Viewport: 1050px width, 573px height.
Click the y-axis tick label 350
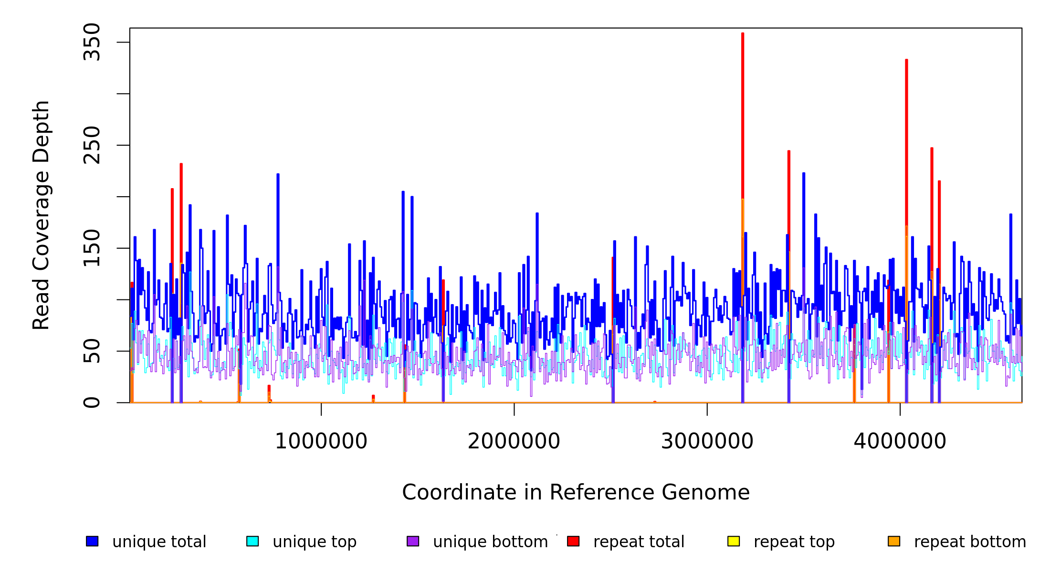point(92,42)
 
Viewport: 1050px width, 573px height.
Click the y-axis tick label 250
point(92,145)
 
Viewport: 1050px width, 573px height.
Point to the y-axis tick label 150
point(92,248)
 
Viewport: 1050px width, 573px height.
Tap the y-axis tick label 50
point(92,351)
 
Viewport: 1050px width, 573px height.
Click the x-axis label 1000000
point(321,441)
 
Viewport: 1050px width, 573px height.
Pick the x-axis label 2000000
point(514,441)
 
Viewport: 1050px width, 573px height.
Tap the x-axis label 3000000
point(707,441)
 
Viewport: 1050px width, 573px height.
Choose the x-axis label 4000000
point(900,441)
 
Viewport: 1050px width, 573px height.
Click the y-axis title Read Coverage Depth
point(42,215)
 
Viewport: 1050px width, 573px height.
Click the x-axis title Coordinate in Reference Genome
point(576,492)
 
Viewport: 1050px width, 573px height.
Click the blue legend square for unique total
point(92,541)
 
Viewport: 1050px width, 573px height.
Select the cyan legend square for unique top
point(252,541)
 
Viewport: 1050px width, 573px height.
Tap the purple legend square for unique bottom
point(413,541)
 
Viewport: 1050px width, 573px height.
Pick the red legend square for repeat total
point(573,541)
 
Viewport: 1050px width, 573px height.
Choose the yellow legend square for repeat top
point(734,541)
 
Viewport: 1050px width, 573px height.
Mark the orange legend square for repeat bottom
point(894,541)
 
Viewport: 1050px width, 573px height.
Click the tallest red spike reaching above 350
point(743,95)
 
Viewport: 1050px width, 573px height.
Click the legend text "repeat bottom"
point(970,542)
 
